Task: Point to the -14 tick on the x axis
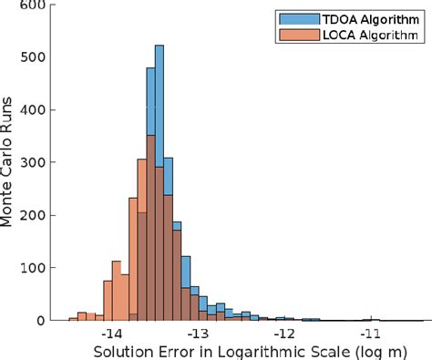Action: click(113, 334)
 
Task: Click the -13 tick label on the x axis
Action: click(199, 334)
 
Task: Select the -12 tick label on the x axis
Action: click(284, 334)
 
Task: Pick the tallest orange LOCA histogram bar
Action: click(150, 228)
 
